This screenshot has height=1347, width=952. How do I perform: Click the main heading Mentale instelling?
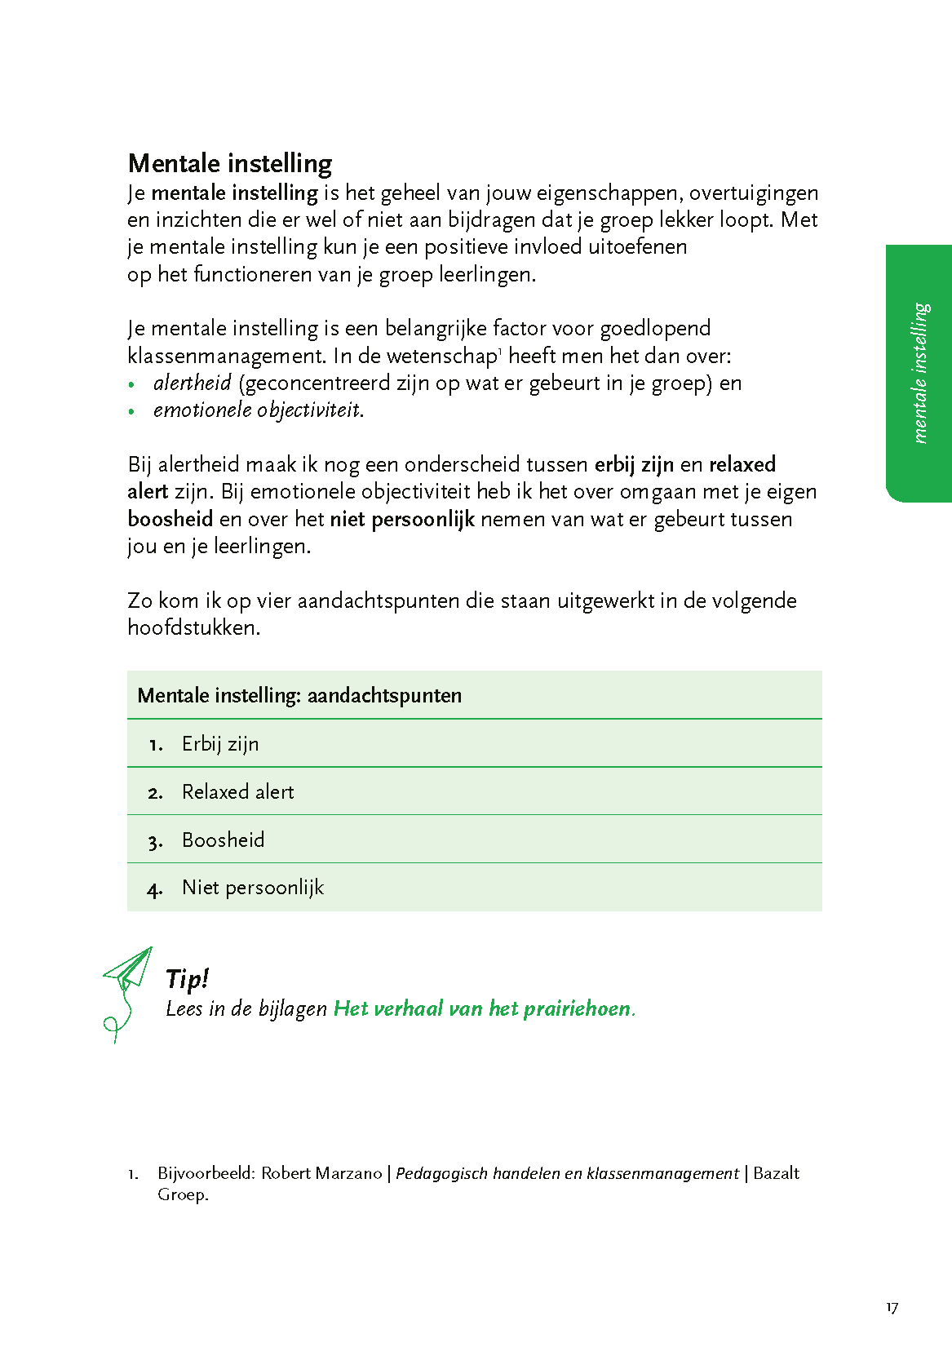point(230,163)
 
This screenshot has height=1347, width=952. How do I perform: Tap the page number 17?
point(892,1308)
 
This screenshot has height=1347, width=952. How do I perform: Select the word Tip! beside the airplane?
point(187,978)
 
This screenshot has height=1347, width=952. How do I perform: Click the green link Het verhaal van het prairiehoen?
point(483,1009)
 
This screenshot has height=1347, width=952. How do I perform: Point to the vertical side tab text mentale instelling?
point(921,373)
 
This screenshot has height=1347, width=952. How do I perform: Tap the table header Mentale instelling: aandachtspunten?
point(299,696)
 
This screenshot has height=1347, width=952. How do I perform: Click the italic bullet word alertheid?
point(193,383)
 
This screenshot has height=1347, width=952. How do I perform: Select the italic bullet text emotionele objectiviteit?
point(258,410)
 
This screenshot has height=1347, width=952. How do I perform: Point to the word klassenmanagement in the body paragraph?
point(228,356)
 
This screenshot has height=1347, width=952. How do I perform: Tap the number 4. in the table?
point(155,889)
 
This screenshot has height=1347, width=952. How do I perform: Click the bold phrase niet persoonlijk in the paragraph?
point(402,519)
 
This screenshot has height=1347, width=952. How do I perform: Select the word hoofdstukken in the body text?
point(193,627)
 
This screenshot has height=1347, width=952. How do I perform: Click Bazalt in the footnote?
point(776,1173)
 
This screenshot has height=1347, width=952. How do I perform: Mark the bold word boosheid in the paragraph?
point(170,519)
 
